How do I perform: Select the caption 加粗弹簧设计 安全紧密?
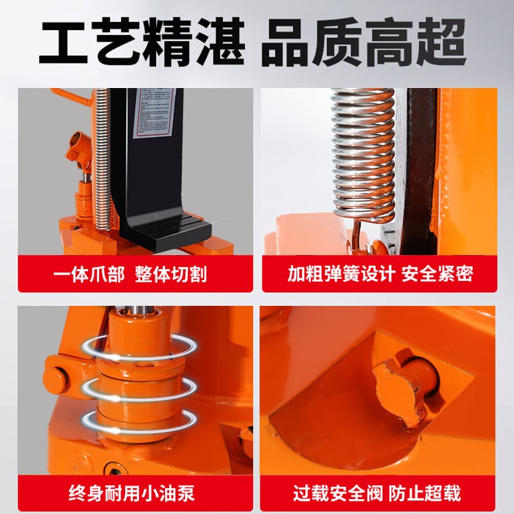point(380,274)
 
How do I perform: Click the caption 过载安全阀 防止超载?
point(380,493)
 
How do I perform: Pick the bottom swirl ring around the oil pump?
point(139,420)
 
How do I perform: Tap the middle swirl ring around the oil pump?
point(139,386)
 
